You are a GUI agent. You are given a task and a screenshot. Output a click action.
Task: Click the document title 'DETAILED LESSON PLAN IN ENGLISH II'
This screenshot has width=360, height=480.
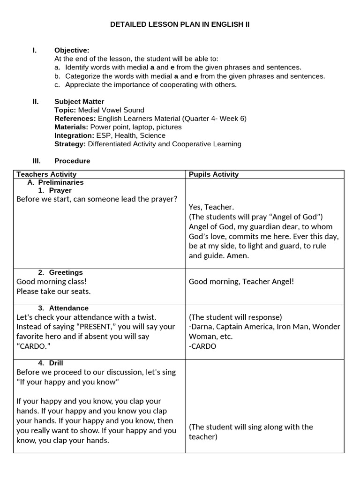180,24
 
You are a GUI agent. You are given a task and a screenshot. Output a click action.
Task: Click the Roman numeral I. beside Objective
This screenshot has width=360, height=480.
35,50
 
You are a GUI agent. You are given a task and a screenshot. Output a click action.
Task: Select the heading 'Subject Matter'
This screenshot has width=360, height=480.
79,102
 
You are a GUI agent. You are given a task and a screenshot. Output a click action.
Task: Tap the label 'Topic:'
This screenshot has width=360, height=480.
65,110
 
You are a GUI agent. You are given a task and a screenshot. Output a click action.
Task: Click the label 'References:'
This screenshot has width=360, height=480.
75,119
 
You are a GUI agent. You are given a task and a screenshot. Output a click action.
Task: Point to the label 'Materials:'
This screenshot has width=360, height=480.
71,127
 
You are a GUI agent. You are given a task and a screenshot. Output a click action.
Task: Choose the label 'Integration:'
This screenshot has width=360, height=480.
74,135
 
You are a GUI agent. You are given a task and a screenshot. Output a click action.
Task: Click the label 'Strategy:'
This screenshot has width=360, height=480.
70,144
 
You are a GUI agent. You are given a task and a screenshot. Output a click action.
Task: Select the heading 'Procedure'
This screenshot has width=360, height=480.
72,161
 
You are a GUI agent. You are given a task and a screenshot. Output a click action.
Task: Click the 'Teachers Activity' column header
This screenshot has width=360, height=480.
46,174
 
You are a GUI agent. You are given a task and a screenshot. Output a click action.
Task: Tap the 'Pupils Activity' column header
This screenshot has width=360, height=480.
214,174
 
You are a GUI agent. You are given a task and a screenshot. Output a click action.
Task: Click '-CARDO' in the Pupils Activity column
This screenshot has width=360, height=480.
202,346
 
